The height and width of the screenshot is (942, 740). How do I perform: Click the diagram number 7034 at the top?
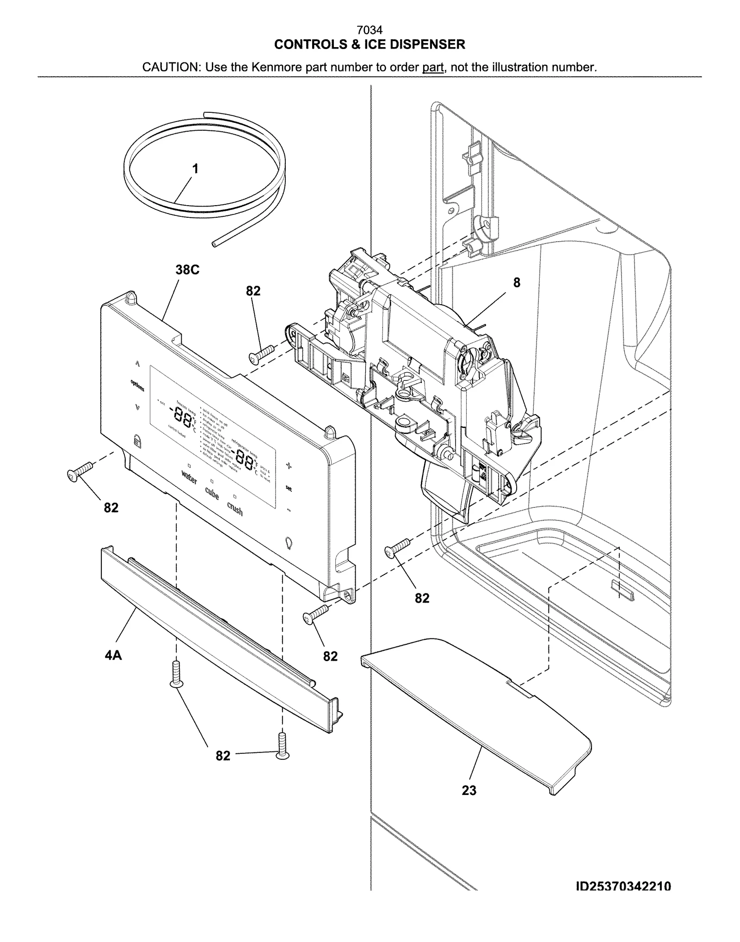point(370,31)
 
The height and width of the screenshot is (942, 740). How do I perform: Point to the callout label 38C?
point(187,270)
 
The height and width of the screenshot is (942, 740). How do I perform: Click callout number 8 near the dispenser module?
point(517,282)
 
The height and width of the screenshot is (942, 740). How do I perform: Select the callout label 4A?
point(113,655)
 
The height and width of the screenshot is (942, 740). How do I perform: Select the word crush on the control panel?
point(234,508)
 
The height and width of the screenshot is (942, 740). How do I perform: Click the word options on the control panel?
point(137,385)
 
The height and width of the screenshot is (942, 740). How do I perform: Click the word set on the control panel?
point(289,488)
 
